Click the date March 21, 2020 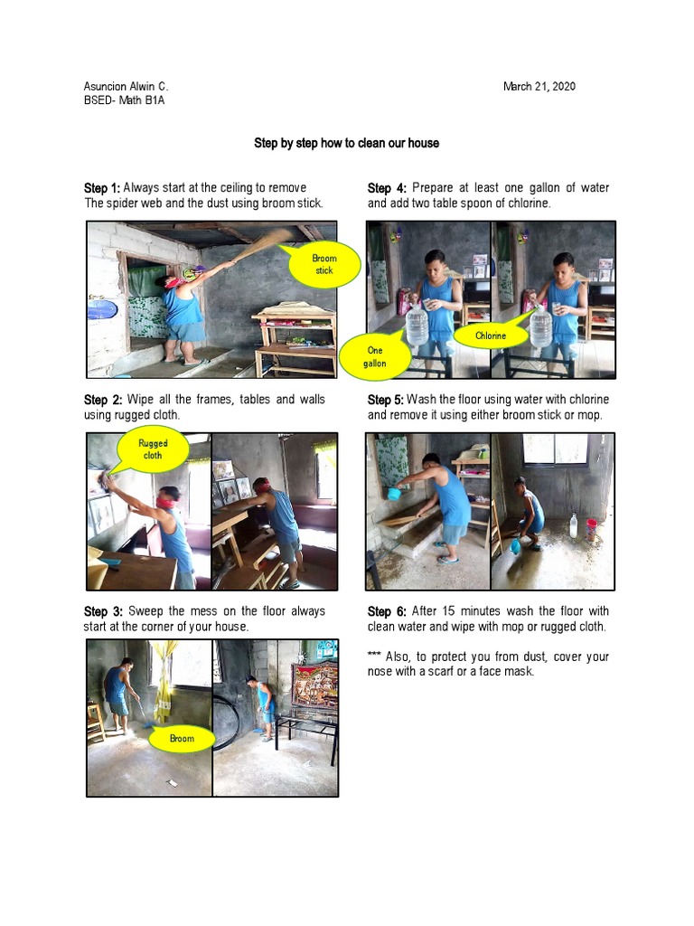point(539,87)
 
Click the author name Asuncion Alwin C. point(126,87)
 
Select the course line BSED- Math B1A point(124,101)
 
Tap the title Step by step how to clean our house point(346,144)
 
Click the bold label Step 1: point(102,188)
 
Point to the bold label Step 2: point(103,400)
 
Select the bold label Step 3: point(103,611)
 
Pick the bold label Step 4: point(386,188)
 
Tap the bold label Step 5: point(386,400)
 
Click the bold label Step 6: point(386,611)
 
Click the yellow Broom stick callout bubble point(324,265)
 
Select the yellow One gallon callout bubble point(374,356)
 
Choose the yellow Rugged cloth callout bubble point(152,449)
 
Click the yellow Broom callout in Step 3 point(182,738)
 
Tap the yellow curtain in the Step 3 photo point(164,683)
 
